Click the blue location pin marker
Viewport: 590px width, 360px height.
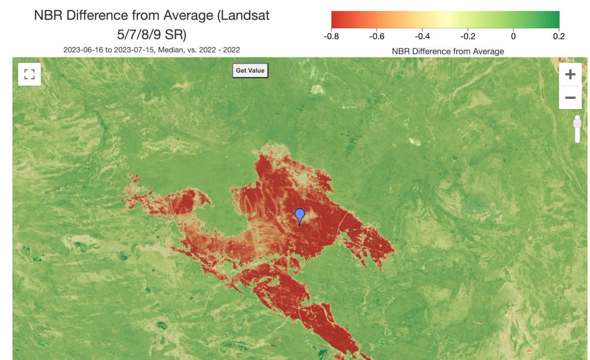click(x=299, y=215)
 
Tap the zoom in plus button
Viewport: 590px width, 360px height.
click(x=570, y=75)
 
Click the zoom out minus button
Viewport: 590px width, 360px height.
click(x=570, y=98)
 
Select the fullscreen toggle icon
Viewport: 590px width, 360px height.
click(x=29, y=74)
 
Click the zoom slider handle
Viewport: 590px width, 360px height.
click(x=577, y=122)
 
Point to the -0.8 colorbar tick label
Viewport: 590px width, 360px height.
click(x=331, y=36)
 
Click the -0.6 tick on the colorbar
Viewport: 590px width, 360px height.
click(x=377, y=36)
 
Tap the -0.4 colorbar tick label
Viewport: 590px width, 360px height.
click(x=422, y=36)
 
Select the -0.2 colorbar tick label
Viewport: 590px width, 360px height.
click(x=468, y=36)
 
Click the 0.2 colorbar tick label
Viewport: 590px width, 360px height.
click(x=559, y=36)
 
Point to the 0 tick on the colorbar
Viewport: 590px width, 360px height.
click(x=513, y=36)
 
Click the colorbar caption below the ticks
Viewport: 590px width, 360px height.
click(x=447, y=51)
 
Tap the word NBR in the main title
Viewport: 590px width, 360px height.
click(x=49, y=15)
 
